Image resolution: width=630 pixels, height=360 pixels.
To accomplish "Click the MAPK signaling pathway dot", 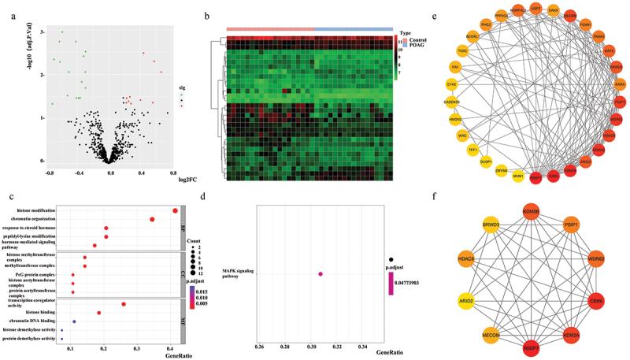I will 321,274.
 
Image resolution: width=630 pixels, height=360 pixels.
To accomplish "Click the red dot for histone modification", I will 174,210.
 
